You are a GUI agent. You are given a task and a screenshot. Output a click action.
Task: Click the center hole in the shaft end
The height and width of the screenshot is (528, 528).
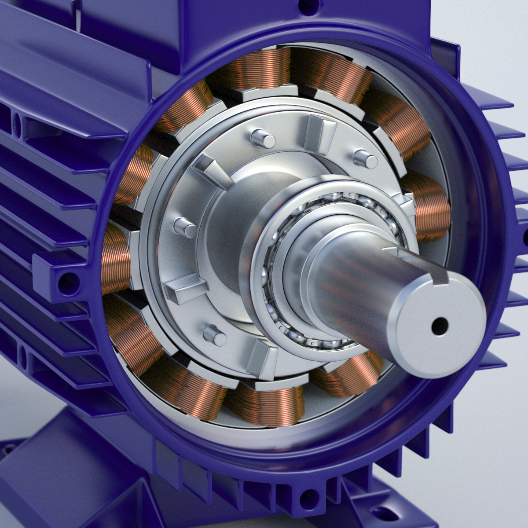point(439,326)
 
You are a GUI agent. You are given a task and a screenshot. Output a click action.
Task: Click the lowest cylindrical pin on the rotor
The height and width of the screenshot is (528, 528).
point(215,335)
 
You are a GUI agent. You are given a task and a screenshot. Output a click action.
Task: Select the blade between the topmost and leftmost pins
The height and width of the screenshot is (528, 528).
point(213,171)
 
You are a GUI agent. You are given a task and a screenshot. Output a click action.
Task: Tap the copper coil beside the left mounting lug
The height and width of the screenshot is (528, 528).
point(115,260)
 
